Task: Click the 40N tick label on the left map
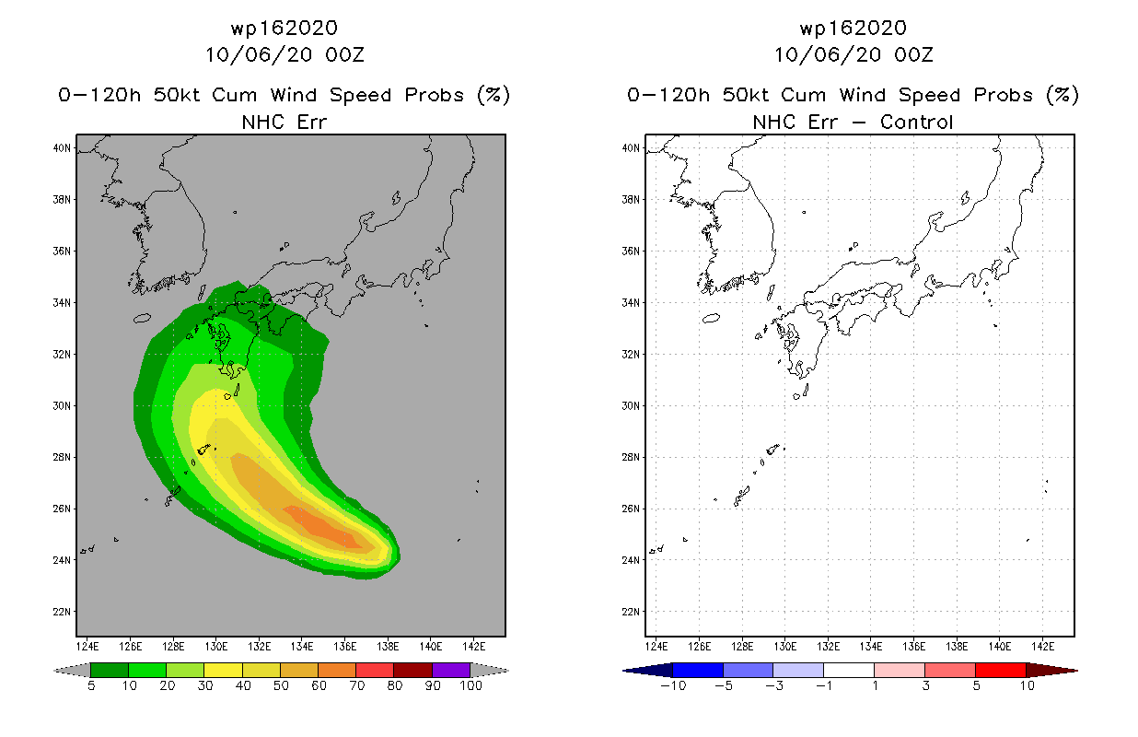click(62, 148)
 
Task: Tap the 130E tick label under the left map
click(216, 647)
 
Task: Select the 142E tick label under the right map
click(1042, 647)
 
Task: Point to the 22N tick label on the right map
click(631, 612)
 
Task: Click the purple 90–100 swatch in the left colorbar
click(451, 670)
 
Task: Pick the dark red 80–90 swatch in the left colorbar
click(413, 670)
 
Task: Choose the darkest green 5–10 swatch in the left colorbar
click(110, 670)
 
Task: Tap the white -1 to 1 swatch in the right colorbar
click(849, 670)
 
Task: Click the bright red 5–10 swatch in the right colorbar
click(1001, 670)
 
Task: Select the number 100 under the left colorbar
click(470, 685)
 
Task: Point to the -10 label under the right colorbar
click(673, 685)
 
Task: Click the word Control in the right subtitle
click(916, 122)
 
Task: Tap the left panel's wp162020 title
click(284, 29)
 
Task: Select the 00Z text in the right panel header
click(914, 55)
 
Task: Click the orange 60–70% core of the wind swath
click(323, 527)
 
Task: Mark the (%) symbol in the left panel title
click(494, 95)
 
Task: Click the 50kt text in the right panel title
click(746, 95)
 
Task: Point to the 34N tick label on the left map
click(62, 302)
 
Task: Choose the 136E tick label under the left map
click(345, 647)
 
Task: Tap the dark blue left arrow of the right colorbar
click(648, 671)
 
